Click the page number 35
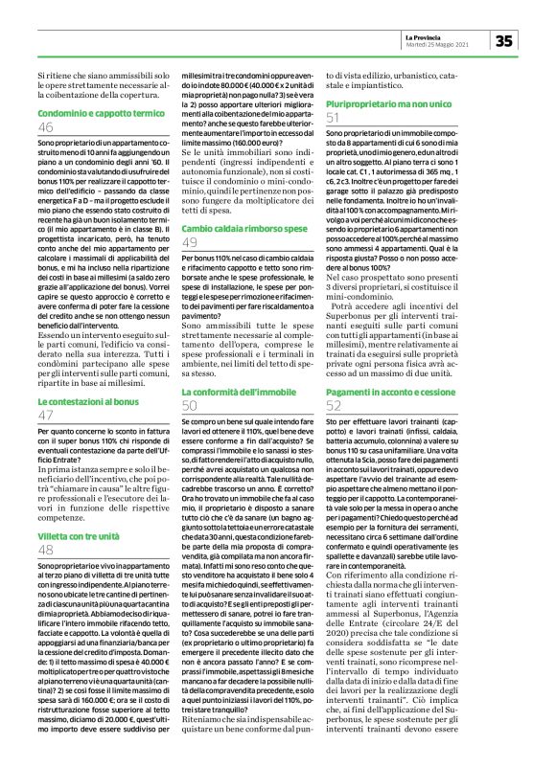[504, 39]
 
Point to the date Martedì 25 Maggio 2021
[437, 44]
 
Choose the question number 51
[334, 115]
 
